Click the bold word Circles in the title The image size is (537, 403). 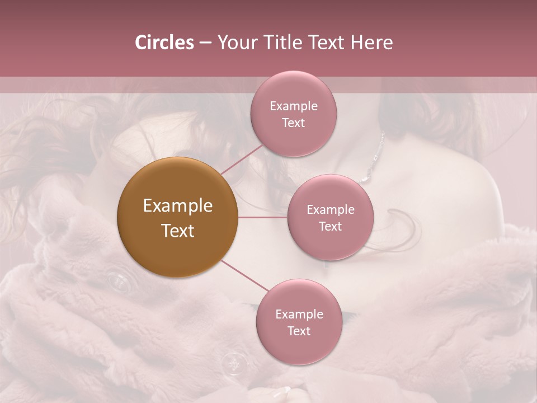coord(164,43)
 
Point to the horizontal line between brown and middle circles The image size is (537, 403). coord(262,217)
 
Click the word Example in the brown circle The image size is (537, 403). coord(177,206)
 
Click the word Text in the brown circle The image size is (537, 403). coord(177,231)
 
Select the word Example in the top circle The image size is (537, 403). coord(294,106)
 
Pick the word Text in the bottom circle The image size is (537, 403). coord(299,331)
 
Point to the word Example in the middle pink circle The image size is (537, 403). coord(331,210)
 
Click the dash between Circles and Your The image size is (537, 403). coord(205,43)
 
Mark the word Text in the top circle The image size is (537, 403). coord(294,123)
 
